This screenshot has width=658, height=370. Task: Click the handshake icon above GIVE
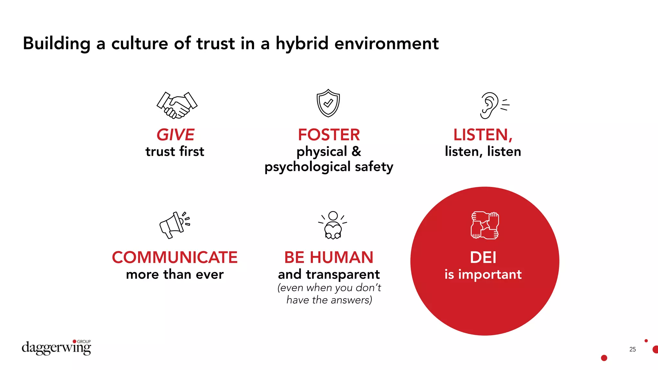177,105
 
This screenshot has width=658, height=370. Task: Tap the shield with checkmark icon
328,103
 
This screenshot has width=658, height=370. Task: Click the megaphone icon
174,225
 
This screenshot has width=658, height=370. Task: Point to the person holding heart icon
333,225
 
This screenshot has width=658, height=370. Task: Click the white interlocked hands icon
485,225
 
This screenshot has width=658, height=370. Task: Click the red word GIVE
175,135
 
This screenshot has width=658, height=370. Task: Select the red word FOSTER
329,135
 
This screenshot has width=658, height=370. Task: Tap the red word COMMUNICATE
174,258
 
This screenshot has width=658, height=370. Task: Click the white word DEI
483,258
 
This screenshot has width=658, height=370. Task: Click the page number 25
632,349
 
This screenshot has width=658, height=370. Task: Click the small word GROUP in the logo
84,341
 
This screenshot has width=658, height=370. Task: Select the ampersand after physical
356,152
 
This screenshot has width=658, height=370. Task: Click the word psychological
307,167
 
